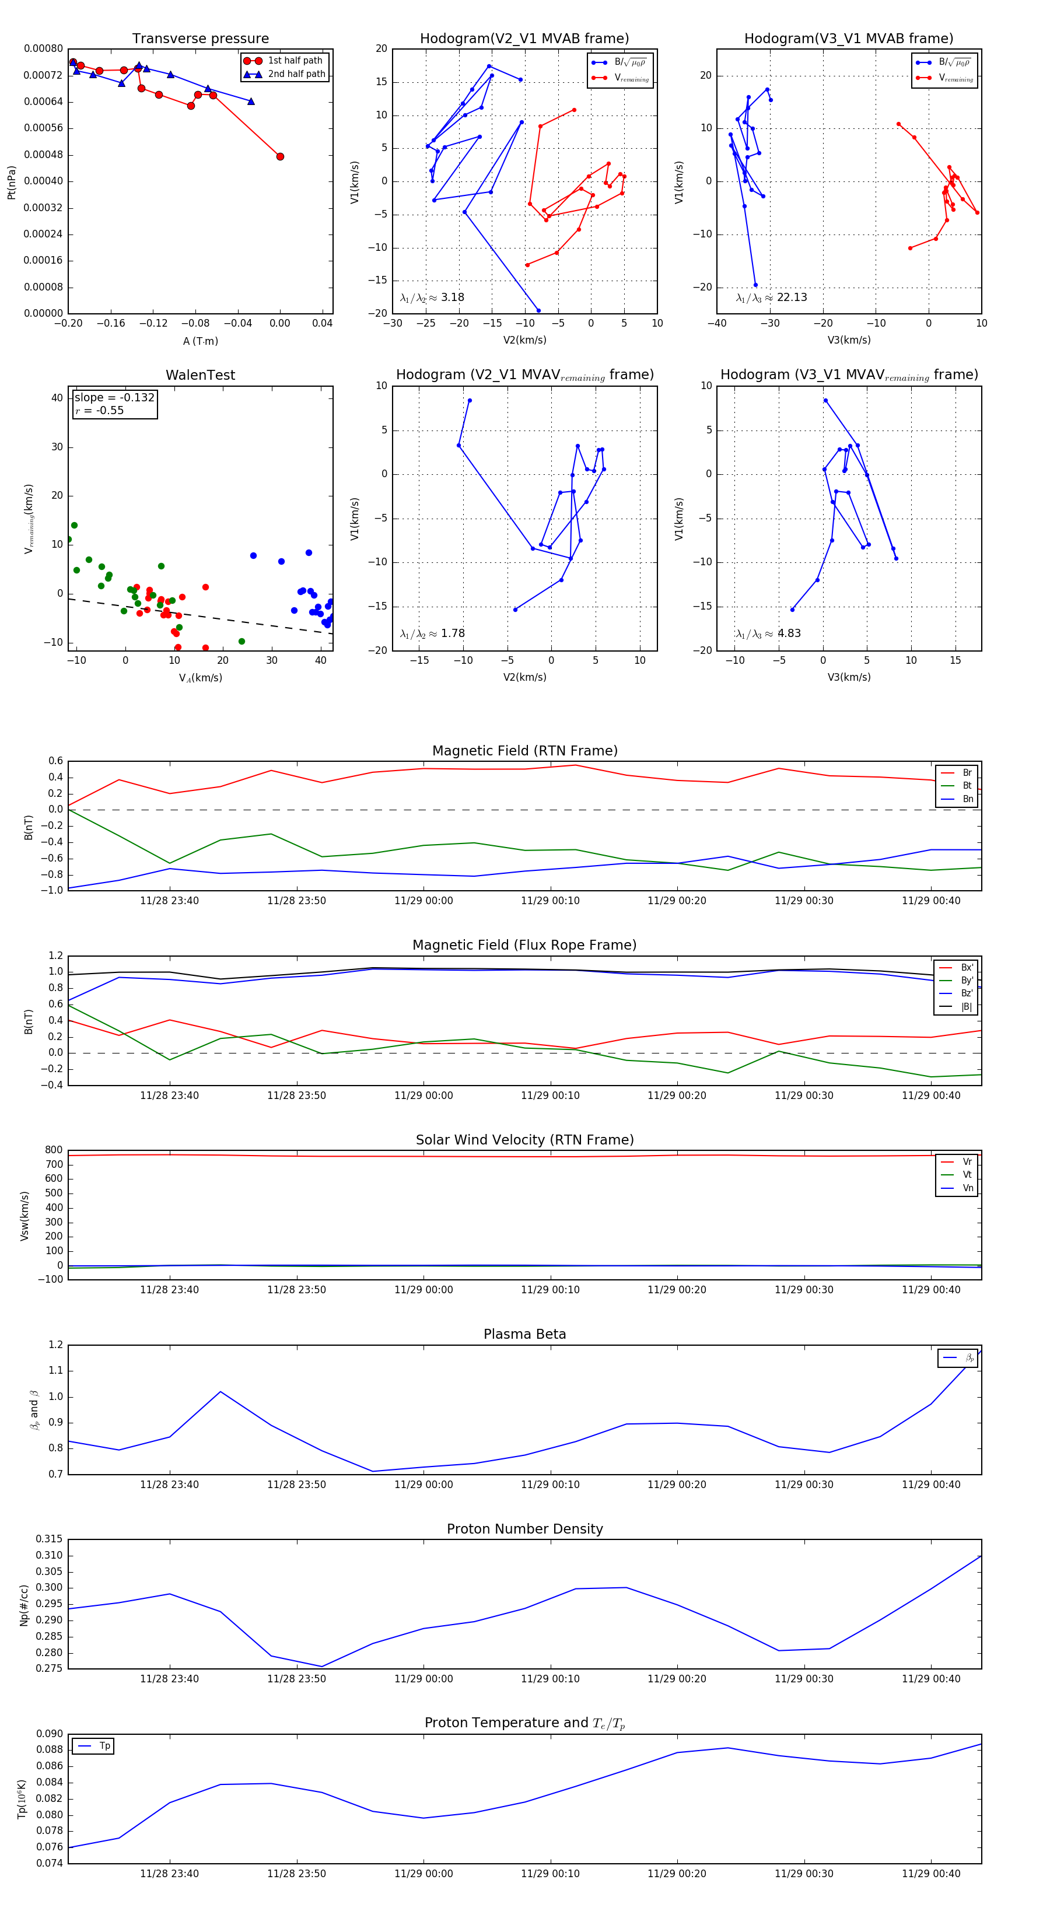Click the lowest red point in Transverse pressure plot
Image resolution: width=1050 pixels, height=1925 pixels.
click(x=280, y=156)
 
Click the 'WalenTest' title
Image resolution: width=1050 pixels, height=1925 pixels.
click(x=200, y=375)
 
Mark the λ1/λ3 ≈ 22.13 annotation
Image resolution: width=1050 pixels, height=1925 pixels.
click(x=771, y=297)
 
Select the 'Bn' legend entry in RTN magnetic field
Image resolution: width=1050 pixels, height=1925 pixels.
click(x=967, y=799)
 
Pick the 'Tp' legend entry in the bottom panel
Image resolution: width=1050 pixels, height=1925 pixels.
click(x=104, y=1746)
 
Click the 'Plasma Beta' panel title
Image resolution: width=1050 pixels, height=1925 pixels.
click(x=524, y=1335)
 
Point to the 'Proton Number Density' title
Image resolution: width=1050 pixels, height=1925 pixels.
click(x=524, y=1529)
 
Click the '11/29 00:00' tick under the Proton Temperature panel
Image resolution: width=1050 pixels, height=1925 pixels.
click(x=423, y=1874)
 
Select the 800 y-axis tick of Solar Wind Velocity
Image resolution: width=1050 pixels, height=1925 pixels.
click(x=54, y=1150)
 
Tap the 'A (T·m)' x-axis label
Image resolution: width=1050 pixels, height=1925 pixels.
click(x=200, y=341)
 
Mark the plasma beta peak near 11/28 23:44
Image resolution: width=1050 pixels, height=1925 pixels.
click(x=220, y=1391)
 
